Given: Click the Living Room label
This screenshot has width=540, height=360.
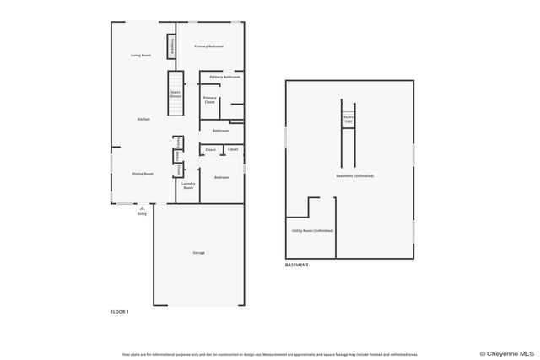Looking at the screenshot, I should click(x=141, y=55).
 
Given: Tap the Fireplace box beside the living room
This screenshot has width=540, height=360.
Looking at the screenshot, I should click(x=172, y=46).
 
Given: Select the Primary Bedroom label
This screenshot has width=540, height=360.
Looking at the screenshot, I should click(x=208, y=46).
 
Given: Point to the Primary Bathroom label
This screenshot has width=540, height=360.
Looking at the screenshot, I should click(x=224, y=77).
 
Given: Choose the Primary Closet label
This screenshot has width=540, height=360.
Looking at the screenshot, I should click(x=209, y=100).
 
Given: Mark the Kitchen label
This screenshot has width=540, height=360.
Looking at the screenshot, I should click(x=143, y=119).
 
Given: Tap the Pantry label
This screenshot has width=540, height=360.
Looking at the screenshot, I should click(x=177, y=142).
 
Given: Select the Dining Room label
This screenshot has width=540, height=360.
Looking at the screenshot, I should click(x=143, y=174).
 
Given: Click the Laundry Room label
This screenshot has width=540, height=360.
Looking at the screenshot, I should click(x=188, y=185).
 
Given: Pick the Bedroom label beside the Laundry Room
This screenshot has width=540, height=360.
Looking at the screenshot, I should click(x=222, y=177).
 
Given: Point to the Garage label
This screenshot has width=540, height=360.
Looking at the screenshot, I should click(x=199, y=253).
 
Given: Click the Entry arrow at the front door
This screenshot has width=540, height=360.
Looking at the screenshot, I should click(x=142, y=207).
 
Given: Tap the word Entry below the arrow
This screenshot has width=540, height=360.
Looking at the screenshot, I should click(x=142, y=214).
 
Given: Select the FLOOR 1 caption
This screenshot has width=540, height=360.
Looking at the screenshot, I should click(x=120, y=312).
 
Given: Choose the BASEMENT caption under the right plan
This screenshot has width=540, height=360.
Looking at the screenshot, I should click(x=296, y=265).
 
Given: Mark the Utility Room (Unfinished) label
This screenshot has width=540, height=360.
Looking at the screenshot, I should click(x=312, y=230).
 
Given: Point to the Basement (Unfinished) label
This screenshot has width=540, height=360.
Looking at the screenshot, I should click(x=354, y=175).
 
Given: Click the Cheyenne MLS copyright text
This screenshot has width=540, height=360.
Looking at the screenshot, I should click(x=507, y=354).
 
